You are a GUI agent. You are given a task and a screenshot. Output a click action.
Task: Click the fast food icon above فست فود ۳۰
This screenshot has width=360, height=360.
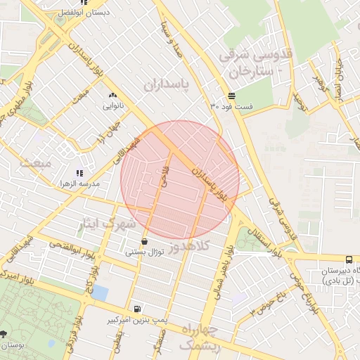(231, 96)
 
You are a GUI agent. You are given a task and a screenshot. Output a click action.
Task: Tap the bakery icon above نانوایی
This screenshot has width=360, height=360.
(112, 95)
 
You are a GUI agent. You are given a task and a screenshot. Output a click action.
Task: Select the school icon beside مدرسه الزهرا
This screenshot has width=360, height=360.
(79, 173)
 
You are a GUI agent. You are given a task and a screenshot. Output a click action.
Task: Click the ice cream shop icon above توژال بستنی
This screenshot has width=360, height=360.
(144, 241)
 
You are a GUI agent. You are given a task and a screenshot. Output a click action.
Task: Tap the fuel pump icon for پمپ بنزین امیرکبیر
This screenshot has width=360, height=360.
(136, 309)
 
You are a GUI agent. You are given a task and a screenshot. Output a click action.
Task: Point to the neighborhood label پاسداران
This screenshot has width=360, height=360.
(167, 84)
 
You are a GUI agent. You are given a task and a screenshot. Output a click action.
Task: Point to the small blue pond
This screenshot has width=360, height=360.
(99, 292)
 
